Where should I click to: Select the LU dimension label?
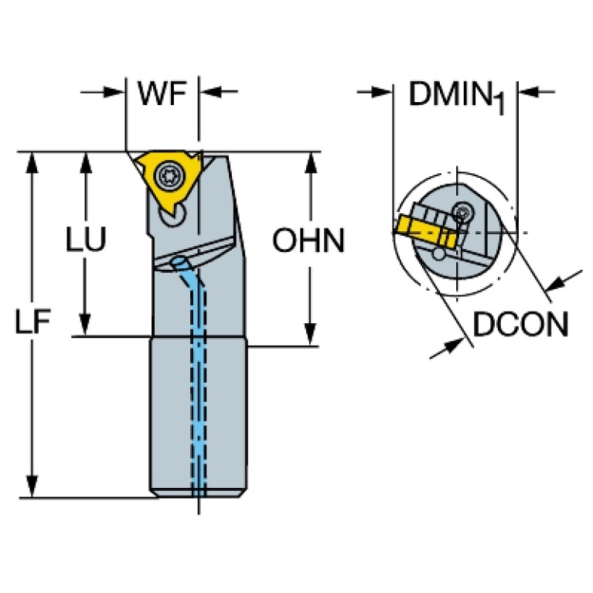(86, 240)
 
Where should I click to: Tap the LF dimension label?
(32, 323)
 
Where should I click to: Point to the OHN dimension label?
(308, 240)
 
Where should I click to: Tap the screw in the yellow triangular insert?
(165, 177)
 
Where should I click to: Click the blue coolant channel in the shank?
(202, 371)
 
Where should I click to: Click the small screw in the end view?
(463, 210)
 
